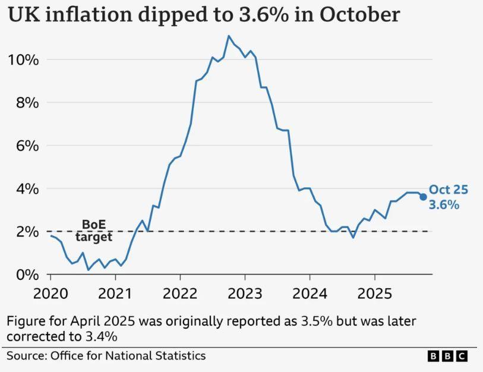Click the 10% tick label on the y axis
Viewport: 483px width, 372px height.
pyautogui.click(x=23, y=60)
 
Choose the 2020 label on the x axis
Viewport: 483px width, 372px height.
pyautogui.click(x=50, y=294)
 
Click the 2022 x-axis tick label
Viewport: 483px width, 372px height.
pyautogui.click(x=180, y=294)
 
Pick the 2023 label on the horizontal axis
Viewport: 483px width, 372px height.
pyautogui.click(x=245, y=294)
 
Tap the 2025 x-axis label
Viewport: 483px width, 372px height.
pyautogui.click(x=374, y=294)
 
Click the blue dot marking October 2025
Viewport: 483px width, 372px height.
pyautogui.click(x=423, y=197)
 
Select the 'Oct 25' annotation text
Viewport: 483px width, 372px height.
pyautogui.click(x=449, y=190)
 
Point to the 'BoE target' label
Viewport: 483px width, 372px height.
pyautogui.click(x=93, y=231)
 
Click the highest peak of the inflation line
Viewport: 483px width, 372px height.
pyautogui.click(x=228, y=36)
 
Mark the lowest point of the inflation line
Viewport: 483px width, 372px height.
pyautogui.click(x=89, y=270)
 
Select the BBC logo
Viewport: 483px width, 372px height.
pyautogui.click(x=447, y=356)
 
